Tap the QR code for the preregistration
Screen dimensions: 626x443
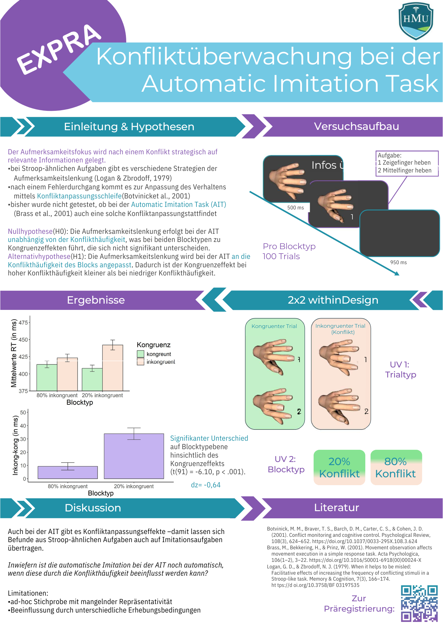click(419, 603)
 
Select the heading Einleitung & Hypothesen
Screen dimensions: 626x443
click(129, 127)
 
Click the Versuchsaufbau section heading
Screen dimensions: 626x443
click(356, 126)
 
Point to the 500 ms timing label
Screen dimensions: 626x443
click(295, 208)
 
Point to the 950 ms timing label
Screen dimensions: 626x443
click(398, 262)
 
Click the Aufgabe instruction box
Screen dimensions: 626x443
click(407, 163)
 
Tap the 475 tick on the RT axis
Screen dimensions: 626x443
click(23, 322)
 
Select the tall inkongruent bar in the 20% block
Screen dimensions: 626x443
click(112, 368)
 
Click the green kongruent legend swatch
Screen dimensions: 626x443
click(141, 354)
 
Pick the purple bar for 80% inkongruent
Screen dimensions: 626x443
click(68, 472)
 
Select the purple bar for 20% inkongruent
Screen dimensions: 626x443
click(134, 456)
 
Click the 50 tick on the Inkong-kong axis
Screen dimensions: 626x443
click(23, 413)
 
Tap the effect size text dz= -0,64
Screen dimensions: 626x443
click(206, 485)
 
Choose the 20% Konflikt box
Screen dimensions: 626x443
click(339, 467)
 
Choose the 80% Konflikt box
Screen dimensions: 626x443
click(396, 467)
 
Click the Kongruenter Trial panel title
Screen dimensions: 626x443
click(274, 326)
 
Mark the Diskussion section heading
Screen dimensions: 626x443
click(93, 508)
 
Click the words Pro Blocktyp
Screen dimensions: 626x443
click(289, 246)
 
